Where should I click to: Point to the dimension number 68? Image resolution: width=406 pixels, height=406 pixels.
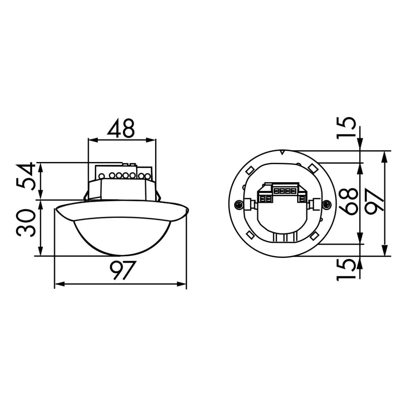tap(349, 202)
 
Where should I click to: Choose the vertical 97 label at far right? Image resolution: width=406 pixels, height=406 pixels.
tap(374, 202)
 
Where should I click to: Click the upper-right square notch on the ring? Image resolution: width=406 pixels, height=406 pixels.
tap(313, 167)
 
